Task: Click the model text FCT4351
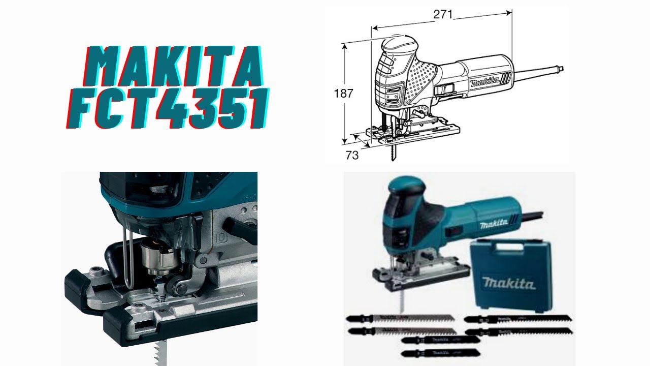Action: click(x=168, y=109)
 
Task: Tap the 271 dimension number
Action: click(x=443, y=15)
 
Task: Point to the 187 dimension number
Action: click(x=343, y=94)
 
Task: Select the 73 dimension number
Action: click(x=352, y=156)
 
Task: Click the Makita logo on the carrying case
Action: click(x=509, y=283)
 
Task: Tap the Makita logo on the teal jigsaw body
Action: click(x=494, y=224)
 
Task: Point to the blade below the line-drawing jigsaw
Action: click(x=394, y=151)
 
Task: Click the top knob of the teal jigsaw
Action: click(x=405, y=183)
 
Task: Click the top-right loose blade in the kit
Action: click(x=518, y=319)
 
